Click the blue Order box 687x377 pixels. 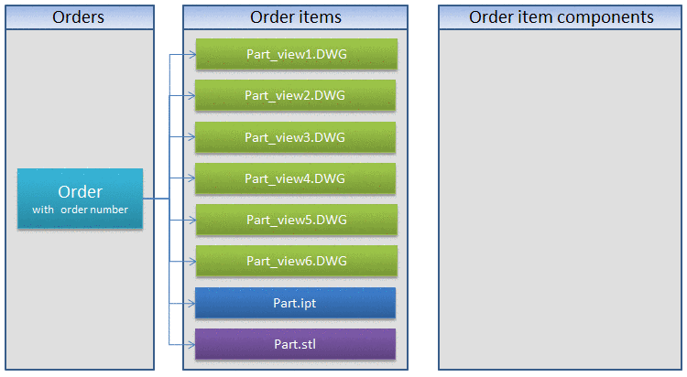coord(80,199)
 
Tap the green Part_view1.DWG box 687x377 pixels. coord(296,54)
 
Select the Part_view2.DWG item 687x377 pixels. coord(296,95)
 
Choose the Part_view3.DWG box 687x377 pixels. coord(296,137)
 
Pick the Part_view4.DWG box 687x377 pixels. coord(296,178)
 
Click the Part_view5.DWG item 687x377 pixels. coord(296,220)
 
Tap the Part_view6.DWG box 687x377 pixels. coord(296,261)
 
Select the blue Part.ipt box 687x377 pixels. coord(296,303)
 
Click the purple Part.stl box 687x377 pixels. coord(296,344)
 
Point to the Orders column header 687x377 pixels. coord(79,17)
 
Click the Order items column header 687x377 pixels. coord(296,17)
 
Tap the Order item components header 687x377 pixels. coord(561,17)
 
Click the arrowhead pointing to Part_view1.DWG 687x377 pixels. coord(191,54)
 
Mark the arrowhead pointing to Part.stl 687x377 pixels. coord(191,344)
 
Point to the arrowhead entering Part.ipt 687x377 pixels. coord(191,303)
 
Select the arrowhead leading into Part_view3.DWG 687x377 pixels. coord(191,137)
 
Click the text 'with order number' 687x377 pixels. coord(80,210)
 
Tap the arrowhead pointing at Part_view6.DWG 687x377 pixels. coord(191,261)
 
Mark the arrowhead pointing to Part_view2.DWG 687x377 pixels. coord(191,95)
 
